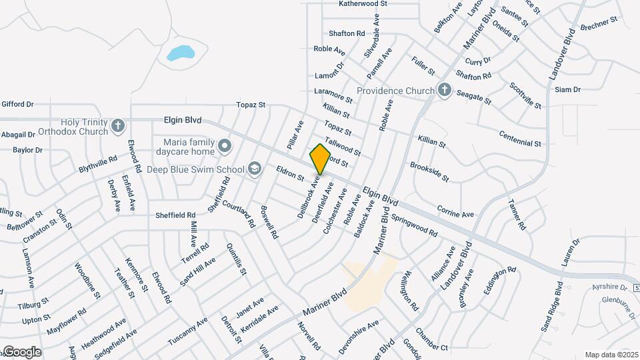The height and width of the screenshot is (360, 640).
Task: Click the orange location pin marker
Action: pyautogui.click(x=321, y=159)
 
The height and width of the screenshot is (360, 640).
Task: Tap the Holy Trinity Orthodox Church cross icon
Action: pyautogui.click(x=117, y=125)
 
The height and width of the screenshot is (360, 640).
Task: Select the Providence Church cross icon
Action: pyautogui.click(x=445, y=90)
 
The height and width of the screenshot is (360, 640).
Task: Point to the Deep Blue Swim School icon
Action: pyautogui.click(x=254, y=169)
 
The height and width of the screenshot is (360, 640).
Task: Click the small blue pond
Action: pyautogui.click(x=180, y=53)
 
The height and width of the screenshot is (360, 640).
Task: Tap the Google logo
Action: pyautogui.click(x=21, y=351)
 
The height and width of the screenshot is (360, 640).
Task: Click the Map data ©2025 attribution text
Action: pyautogui.click(x=611, y=355)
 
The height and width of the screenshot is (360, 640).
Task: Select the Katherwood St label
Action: pyautogui.click(x=363, y=4)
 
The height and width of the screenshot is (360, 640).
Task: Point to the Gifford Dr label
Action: pyautogui.click(x=17, y=104)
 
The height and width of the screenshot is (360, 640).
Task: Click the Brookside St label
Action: pyautogui.click(x=429, y=171)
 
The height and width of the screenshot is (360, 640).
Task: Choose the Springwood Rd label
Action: pyautogui.click(x=414, y=225)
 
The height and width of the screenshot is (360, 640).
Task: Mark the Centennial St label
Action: pyautogui.click(x=520, y=139)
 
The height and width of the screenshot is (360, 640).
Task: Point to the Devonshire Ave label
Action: pyautogui.click(x=358, y=329)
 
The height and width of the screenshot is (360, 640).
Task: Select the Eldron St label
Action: pyautogui.click(x=290, y=174)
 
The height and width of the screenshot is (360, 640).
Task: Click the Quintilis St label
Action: pyautogui.click(x=237, y=261)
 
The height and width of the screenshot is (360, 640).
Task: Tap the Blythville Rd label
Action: pyautogui.click(x=98, y=165)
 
